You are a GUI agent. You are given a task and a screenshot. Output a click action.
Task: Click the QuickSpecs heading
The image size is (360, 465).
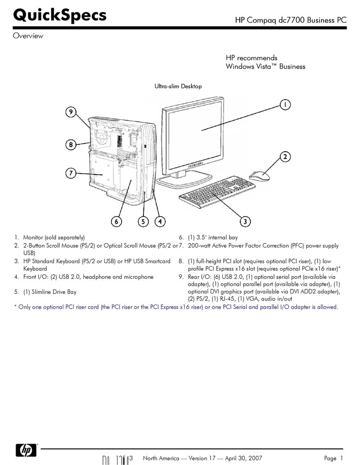point(60,15)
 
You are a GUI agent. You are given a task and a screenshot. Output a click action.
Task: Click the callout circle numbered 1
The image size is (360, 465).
point(285,104)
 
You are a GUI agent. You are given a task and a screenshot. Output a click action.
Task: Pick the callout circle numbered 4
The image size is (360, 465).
point(160,221)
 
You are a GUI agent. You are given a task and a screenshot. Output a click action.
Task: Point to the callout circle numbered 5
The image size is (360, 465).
point(143,221)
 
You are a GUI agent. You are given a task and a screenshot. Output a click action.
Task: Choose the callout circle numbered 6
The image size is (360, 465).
point(116,221)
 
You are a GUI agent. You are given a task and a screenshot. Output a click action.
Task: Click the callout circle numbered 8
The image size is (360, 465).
point(71,144)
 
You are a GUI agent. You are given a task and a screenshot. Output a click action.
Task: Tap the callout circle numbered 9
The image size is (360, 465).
point(71,113)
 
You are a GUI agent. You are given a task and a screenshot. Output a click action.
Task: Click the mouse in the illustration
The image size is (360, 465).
point(259,175)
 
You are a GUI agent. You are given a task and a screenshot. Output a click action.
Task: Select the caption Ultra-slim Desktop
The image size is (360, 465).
point(178,86)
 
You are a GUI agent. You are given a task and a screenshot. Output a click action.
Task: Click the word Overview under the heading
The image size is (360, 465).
point(28,36)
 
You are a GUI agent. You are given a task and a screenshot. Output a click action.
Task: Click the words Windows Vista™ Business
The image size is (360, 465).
point(265,66)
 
